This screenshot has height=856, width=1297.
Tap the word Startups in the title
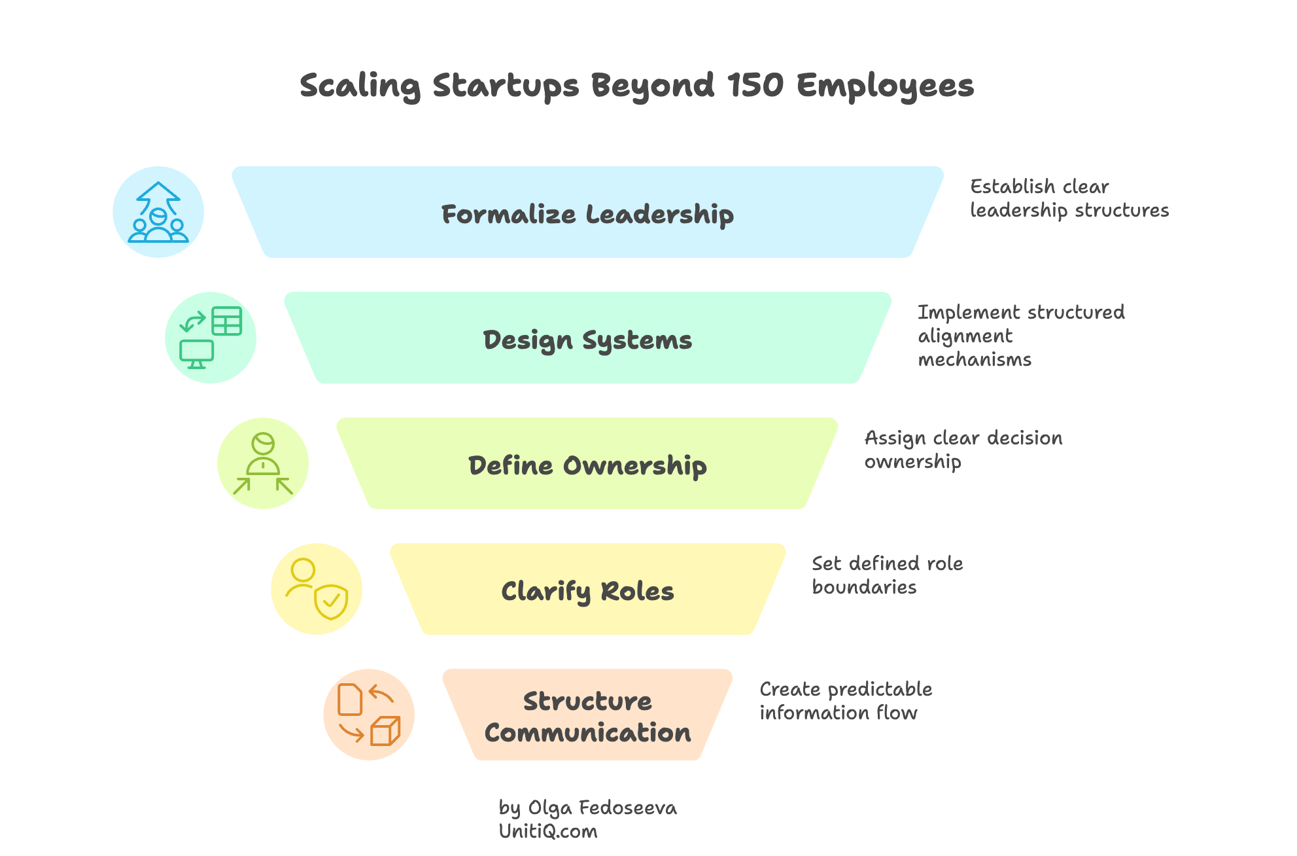505,86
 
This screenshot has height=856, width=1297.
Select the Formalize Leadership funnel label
587,214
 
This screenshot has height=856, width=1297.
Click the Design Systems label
587,340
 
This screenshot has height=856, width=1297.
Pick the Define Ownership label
587,465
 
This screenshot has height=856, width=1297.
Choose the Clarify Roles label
587,591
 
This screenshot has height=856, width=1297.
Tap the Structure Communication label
587,717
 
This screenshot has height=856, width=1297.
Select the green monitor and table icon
211,338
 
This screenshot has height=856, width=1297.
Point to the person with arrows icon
263,463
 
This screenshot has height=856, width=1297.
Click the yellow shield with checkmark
331,601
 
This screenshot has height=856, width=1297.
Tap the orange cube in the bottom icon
385,731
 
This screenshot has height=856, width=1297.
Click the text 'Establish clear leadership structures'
1069,198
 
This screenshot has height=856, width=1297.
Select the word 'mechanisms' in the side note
975,359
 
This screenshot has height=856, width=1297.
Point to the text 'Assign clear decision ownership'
963,450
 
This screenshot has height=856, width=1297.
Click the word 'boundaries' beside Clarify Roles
864,587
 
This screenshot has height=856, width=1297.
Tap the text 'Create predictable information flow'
845,701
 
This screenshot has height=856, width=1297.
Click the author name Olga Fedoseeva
602,808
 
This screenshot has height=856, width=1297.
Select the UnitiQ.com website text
548,832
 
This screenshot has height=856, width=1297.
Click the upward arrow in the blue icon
158,194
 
